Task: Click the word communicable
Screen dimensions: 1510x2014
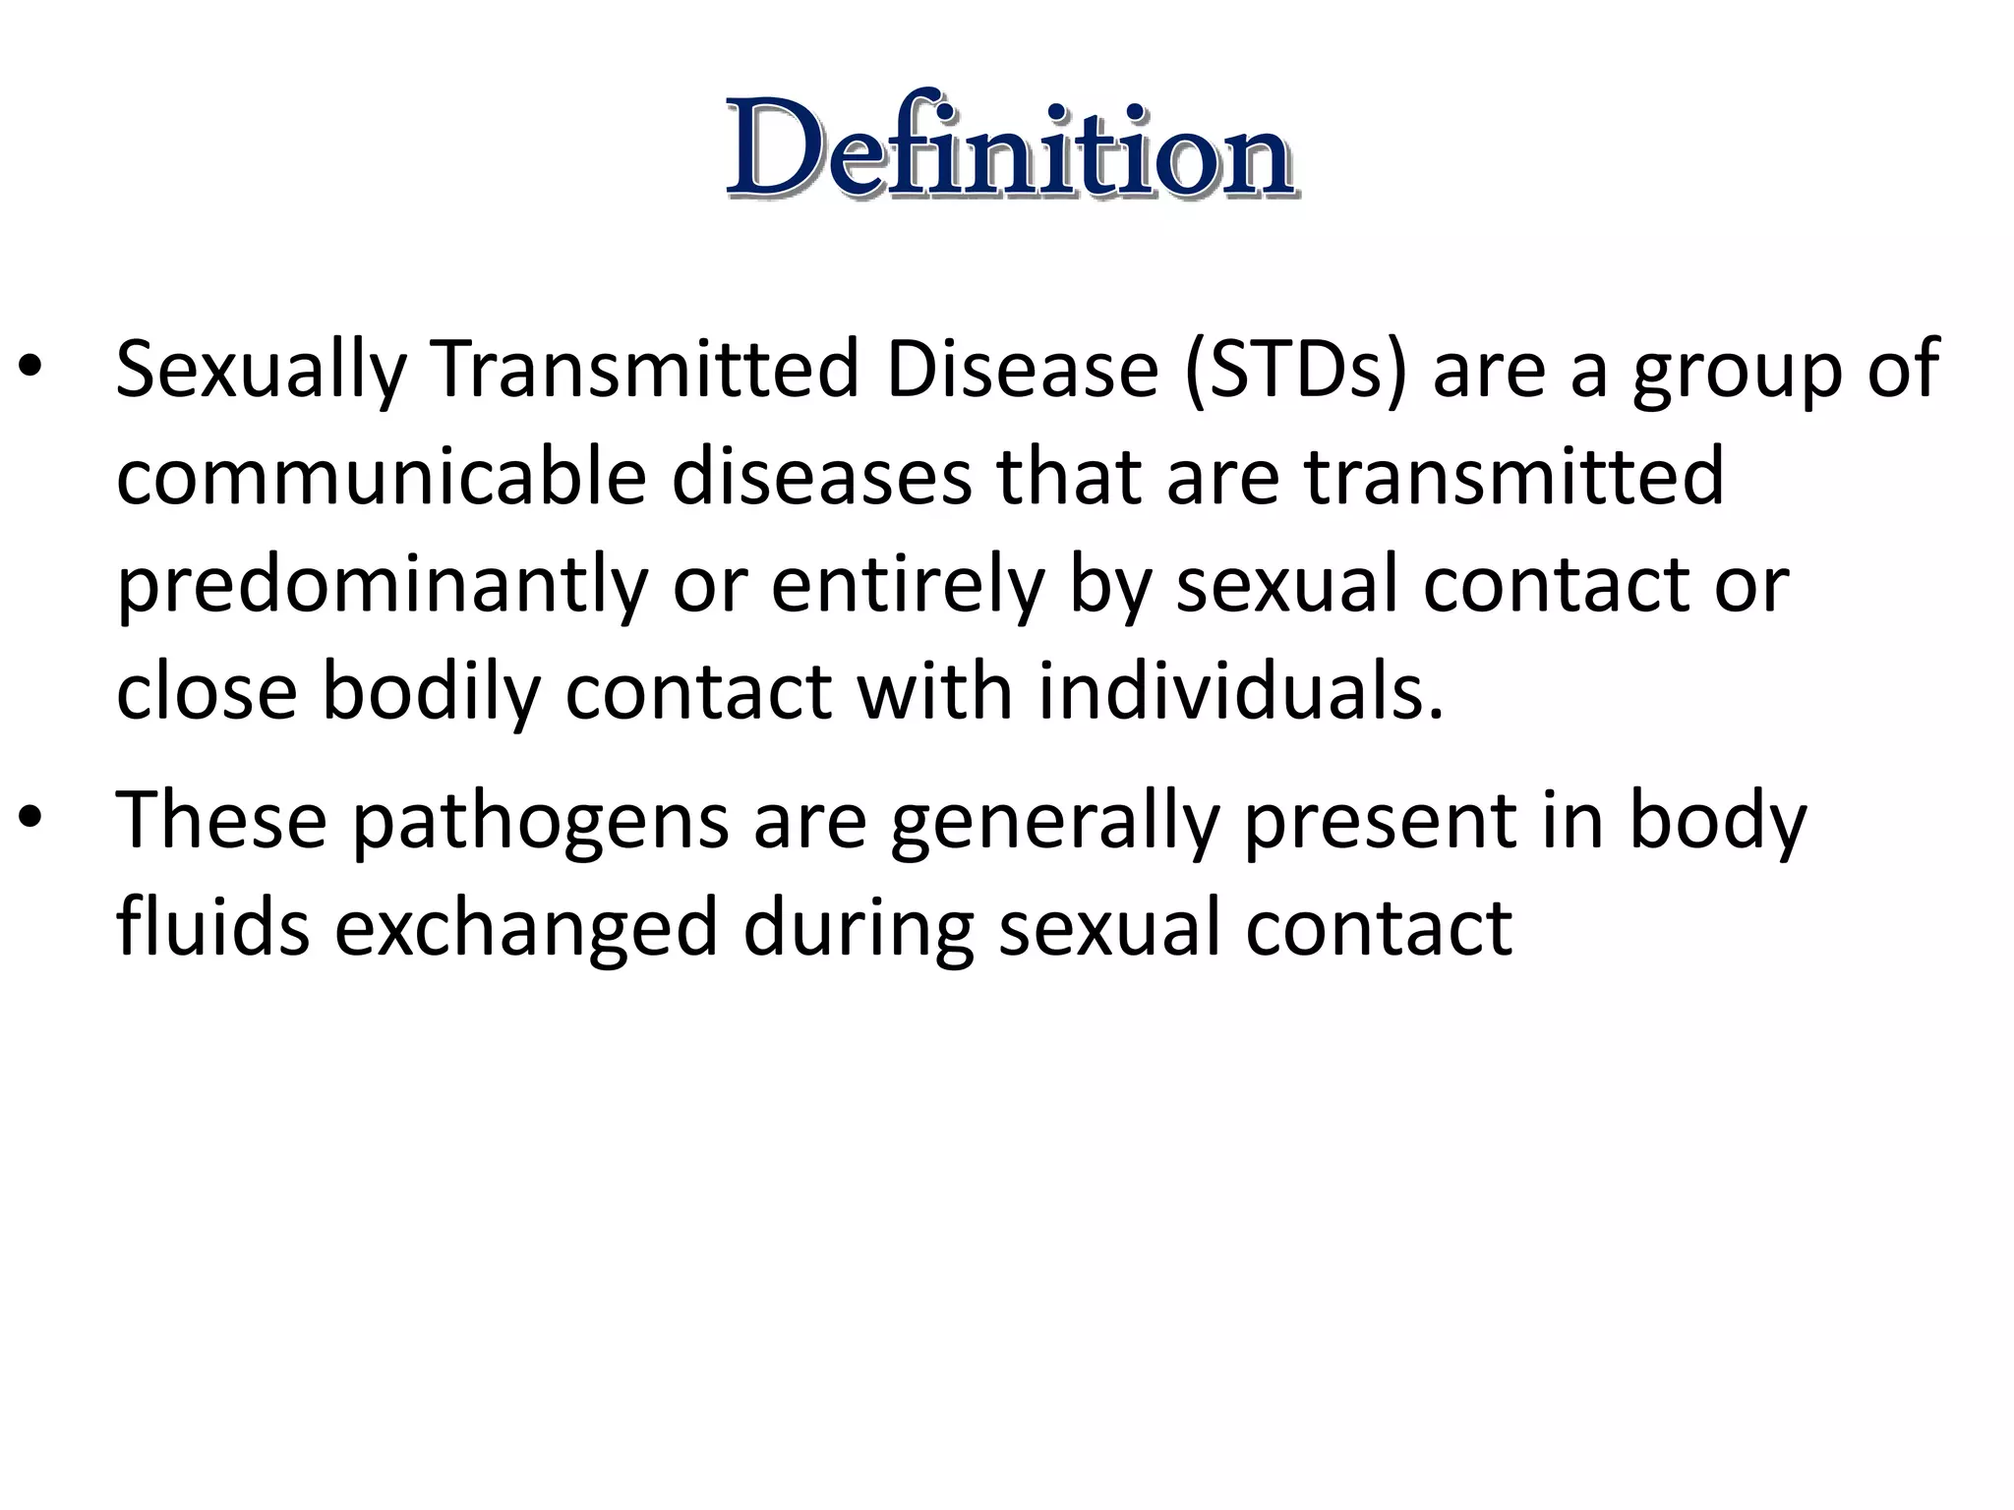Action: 382,477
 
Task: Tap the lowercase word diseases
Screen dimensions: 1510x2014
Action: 821,477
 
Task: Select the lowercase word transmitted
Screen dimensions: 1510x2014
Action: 1514,477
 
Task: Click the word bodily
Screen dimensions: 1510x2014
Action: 431,693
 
